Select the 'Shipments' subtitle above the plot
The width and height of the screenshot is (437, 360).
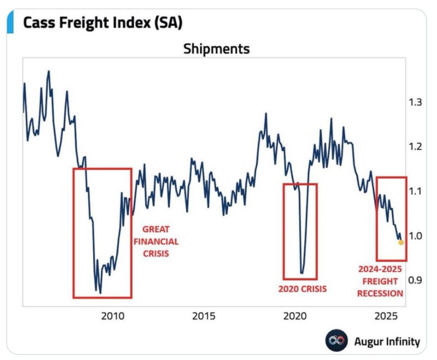pyautogui.click(x=216, y=49)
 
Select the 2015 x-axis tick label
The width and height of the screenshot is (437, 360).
pyautogui.click(x=203, y=316)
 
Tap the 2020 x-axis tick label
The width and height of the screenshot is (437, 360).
pyautogui.click(x=295, y=316)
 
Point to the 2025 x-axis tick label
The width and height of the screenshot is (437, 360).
pyautogui.click(x=386, y=316)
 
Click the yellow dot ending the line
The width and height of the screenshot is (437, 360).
pyautogui.click(x=401, y=242)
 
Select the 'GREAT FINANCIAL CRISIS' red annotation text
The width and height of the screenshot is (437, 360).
pyautogui.click(x=160, y=241)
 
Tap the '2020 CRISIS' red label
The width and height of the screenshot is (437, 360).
pyautogui.click(x=302, y=289)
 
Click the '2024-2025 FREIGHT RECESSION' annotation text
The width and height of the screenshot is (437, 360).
pyautogui.click(x=380, y=281)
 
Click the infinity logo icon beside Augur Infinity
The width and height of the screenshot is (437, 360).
pyautogui.click(x=336, y=341)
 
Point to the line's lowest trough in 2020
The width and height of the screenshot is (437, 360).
pyautogui.click(x=302, y=273)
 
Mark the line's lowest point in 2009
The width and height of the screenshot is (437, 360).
pyautogui.click(x=99, y=293)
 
